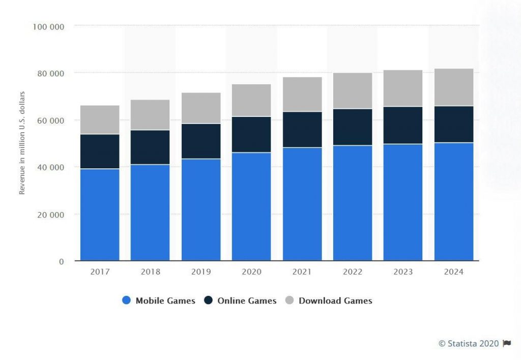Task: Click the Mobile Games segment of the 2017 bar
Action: pos(100,215)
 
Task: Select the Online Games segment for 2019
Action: pos(201,141)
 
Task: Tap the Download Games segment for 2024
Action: pos(454,87)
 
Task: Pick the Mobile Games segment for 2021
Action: pos(302,204)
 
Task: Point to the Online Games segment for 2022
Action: pos(353,127)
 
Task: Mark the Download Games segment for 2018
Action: pos(150,115)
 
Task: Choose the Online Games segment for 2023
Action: pos(403,125)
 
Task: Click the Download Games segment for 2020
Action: pos(251,100)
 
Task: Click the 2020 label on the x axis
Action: pos(251,272)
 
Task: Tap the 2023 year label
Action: pos(403,272)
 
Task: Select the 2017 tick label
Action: pos(100,272)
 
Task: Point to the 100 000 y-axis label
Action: pos(48,26)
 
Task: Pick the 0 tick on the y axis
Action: pos(62,261)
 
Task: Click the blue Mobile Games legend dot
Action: pos(127,301)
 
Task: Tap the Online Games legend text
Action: pos(247,301)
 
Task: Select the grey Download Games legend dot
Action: pos(290,301)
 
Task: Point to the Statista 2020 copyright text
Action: pos(469,344)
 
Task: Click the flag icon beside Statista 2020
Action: pos(507,344)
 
